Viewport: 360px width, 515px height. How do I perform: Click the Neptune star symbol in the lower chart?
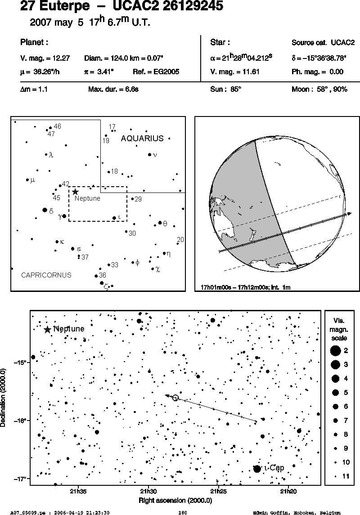[47, 329]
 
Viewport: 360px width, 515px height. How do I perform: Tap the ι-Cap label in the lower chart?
[274, 468]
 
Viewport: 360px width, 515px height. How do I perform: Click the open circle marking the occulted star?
[175, 398]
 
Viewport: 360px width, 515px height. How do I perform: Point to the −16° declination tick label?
[20, 421]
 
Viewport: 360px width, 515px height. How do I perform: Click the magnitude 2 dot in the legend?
[335, 351]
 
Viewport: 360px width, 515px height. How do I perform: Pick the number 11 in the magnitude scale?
[346, 476]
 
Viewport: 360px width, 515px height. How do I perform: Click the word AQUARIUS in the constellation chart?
[142, 138]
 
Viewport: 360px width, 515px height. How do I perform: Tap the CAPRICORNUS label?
[46, 275]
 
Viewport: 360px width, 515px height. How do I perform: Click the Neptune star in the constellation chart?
[75, 192]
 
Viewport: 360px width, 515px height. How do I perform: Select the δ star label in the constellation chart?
[51, 211]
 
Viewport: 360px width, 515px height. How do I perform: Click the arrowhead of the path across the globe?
[349, 214]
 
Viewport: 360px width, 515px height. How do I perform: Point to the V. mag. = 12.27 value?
[45, 58]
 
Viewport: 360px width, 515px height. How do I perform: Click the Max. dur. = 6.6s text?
[113, 89]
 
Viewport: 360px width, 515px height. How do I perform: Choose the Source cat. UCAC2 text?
[323, 43]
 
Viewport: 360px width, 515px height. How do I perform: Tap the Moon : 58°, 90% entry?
[319, 89]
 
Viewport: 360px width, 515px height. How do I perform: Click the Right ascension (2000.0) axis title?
[175, 501]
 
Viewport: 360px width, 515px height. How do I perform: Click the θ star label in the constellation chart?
[165, 224]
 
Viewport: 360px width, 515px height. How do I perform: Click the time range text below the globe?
[246, 287]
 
